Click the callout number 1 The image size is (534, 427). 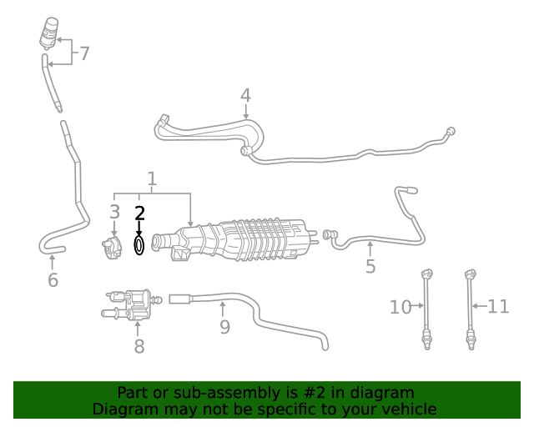[152, 178]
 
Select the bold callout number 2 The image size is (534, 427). [139, 213]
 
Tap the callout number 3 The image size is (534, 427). [114, 213]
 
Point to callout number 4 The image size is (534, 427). [245, 96]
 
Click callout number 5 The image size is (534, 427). [370, 267]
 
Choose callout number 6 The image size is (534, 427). [53, 280]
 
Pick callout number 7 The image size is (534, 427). [83, 54]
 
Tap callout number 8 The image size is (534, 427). [139, 345]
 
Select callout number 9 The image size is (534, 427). [224, 326]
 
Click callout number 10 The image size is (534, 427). [400, 307]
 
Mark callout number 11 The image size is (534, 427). [498, 307]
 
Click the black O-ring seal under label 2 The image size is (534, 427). [139, 245]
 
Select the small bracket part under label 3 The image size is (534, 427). [112, 249]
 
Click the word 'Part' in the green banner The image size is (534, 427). [133, 393]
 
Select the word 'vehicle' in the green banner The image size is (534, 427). [408, 409]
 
